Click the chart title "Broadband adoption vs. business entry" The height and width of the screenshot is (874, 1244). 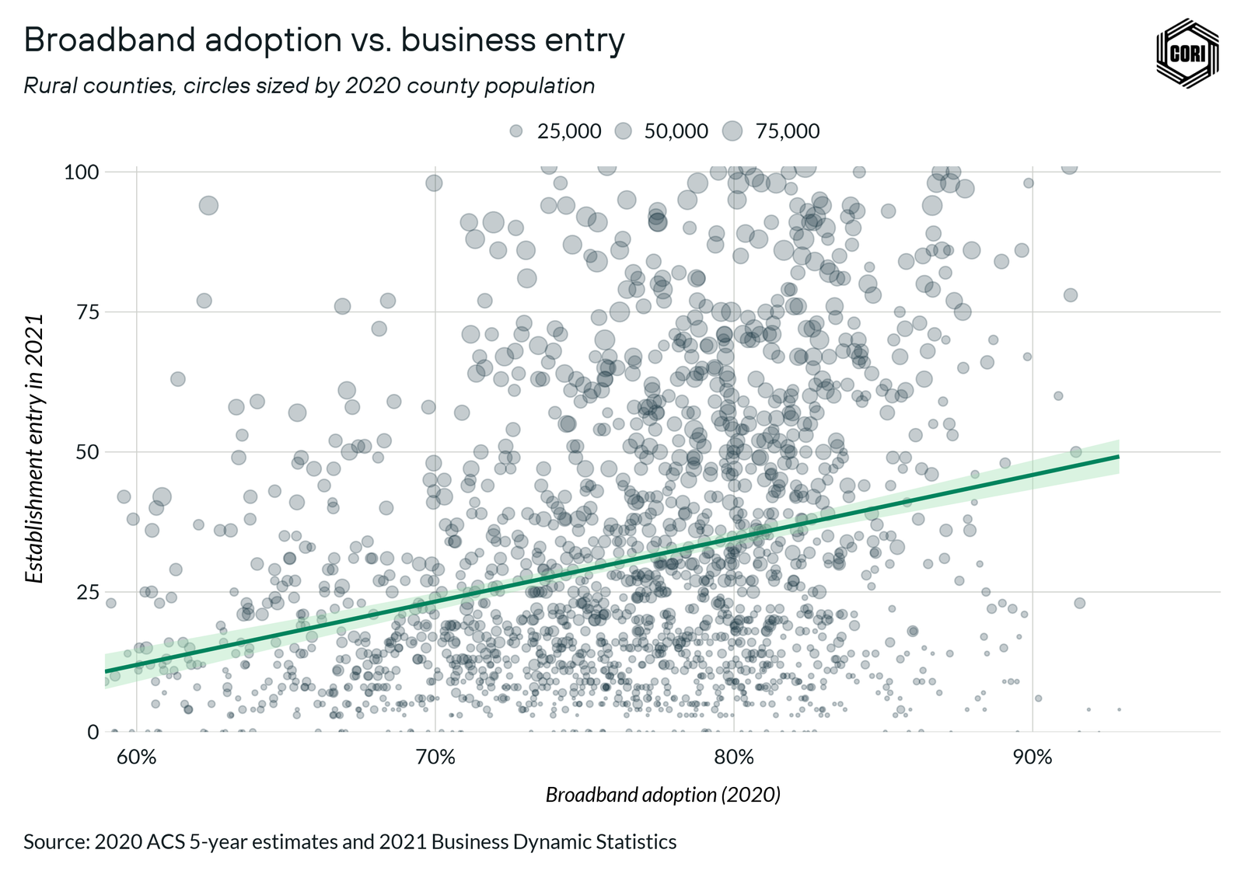[324, 40]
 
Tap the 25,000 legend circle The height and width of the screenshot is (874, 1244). [515, 131]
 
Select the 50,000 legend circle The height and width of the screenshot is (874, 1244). [623, 131]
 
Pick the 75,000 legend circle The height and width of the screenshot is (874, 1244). [732, 131]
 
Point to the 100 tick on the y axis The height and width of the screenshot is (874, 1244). [81, 172]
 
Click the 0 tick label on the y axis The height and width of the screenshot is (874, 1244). [93, 732]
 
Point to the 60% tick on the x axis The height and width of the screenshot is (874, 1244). [137, 757]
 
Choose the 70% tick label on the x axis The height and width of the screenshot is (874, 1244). [435, 757]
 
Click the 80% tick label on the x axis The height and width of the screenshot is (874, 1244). [734, 757]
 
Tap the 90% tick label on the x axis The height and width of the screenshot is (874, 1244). [1033, 757]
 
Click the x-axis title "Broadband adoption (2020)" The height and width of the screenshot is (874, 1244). [662, 795]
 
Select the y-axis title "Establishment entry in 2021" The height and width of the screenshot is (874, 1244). [34, 449]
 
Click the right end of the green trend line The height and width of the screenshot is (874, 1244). [1117, 456]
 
